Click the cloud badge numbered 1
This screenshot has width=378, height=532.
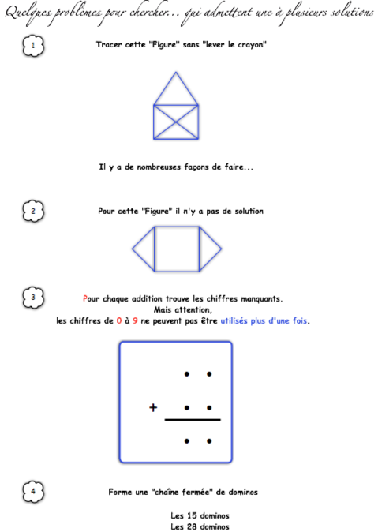coord(33,46)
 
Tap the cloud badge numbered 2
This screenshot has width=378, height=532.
coord(33,211)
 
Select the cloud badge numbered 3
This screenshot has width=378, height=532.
coord(33,298)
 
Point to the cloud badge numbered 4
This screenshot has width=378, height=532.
coord(33,491)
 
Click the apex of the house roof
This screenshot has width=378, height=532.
coord(176,72)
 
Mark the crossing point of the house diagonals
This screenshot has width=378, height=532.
coord(176,122)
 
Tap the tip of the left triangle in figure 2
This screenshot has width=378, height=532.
coord(132,249)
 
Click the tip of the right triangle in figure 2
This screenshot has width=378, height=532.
coord(222,249)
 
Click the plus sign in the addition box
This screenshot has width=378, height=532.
coord(153,407)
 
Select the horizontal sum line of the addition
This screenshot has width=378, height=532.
coord(193,420)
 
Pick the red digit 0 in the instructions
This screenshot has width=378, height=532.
coord(118,320)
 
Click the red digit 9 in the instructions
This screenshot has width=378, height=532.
coord(135,320)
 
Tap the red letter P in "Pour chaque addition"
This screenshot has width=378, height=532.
coord(84,298)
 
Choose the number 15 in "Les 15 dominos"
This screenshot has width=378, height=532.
coord(192,515)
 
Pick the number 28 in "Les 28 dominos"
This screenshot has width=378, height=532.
coord(192,526)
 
